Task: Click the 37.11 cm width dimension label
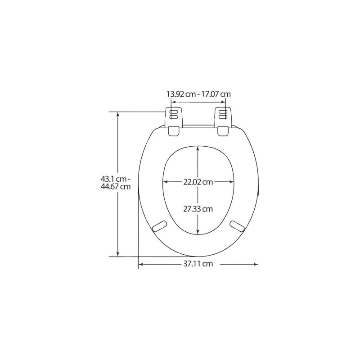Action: point(198,264)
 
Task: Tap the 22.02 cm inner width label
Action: point(198,182)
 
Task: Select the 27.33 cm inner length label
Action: point(198,209)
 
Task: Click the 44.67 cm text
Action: point(116,186)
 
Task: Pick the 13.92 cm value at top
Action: point(181,94)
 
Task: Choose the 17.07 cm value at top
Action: point(216,94)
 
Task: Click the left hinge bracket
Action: point(174,117)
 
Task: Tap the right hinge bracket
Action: point(223,117)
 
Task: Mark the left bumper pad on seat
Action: point(160,226)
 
